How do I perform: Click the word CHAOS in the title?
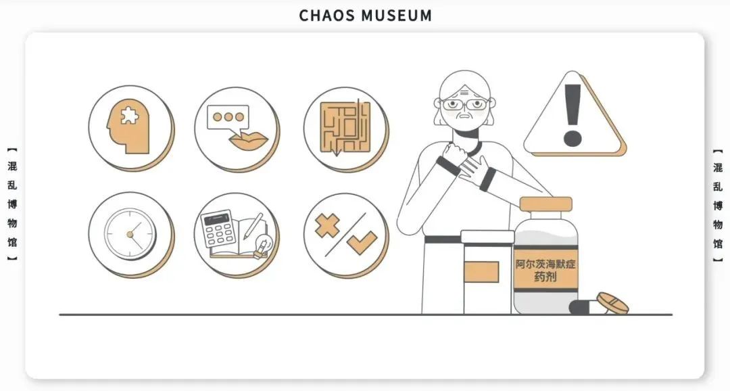click(x=326, y=16)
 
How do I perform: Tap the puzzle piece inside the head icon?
click(x=127, y=116)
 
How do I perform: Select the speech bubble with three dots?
click(x=228, y=117)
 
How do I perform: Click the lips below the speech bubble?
click(x=248, y=141)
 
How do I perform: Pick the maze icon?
click(x=345, y=127)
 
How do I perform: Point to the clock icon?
click(x=130, y=234)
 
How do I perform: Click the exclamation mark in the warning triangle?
click(x=573, y=116)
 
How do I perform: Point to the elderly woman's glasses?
click(x=465, y=105)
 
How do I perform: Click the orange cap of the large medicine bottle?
click(x=545, y=204)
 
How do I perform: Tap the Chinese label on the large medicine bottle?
click(x=546, y=270)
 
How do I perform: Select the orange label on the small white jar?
click(x=482, y=271)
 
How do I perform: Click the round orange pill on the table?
click(x=612, y=302)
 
